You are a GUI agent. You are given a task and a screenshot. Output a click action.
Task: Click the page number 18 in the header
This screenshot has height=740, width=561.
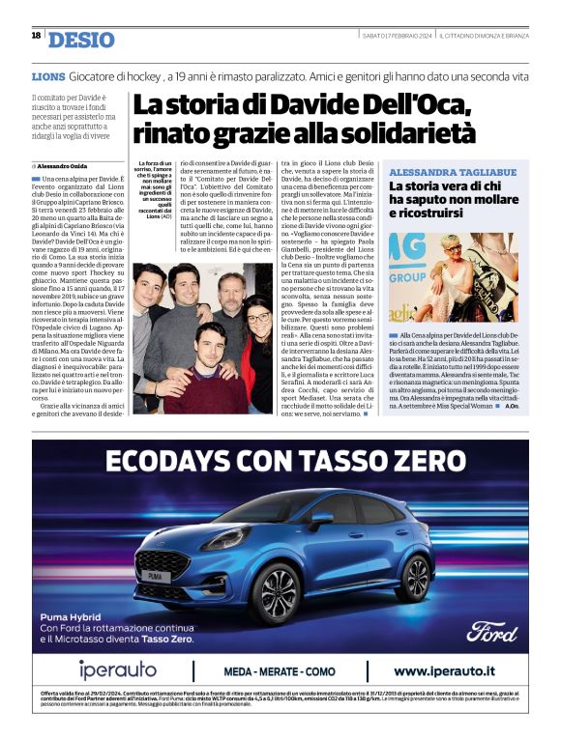pos(36,36)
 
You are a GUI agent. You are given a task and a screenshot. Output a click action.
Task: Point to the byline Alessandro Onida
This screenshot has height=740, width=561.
pos(68,167)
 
